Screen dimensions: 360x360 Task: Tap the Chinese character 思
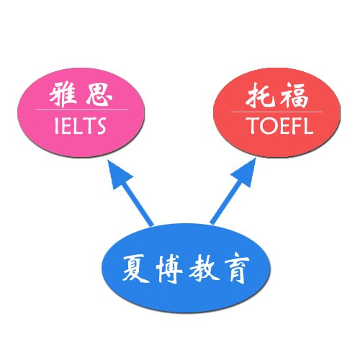(x=99, y=94)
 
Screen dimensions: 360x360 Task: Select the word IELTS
(x=81, y=125)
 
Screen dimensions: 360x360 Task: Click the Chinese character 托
(x=261, y=95)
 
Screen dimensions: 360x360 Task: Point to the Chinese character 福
(x=295, y=95)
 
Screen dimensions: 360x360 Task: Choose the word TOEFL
(x=281, y=125)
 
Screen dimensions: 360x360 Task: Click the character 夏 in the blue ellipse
(x=136, y=268)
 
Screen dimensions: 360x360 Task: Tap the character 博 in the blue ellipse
(x=169, y=269)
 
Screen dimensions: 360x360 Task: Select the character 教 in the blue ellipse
(x=204, y=268)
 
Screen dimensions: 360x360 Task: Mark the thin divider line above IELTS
(x=82, y=110)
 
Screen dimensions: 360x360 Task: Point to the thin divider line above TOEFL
(x=276, y=112)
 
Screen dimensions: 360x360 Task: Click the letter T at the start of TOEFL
(x=253, y=125)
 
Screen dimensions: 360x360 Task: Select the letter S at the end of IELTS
(x=101, y=125)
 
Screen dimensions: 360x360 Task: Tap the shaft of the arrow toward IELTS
(x=138, y=204)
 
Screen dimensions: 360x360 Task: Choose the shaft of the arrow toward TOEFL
(x=226, y=203)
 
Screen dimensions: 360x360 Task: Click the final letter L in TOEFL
(x=309, y=125)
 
